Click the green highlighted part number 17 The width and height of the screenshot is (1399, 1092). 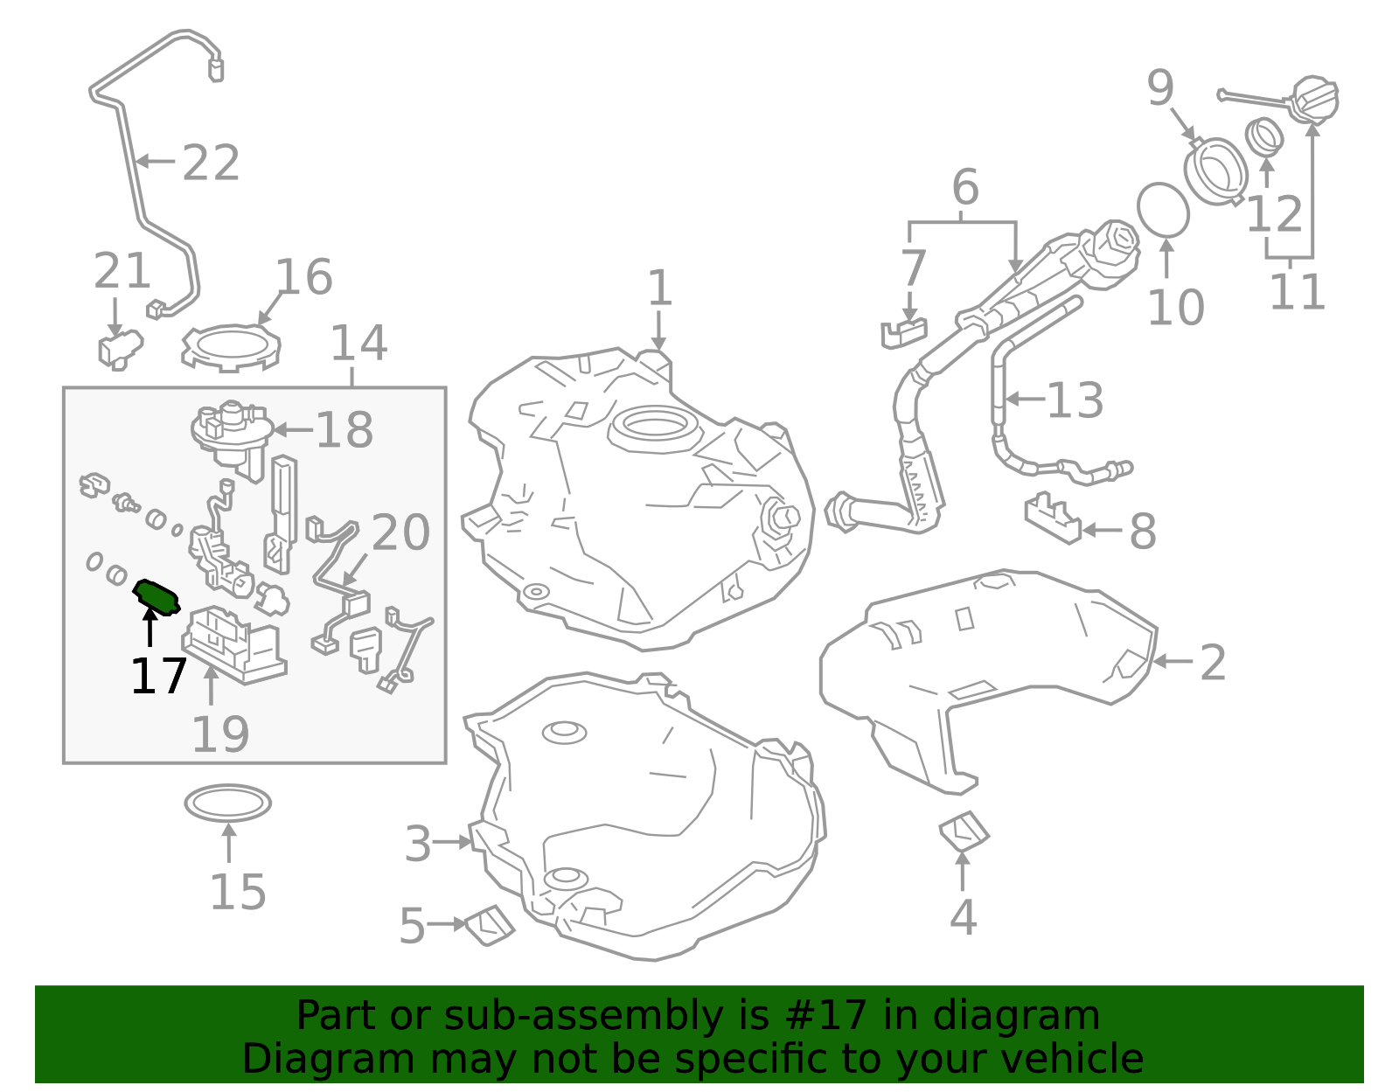point(157,596)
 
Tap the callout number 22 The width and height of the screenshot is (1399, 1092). point(211,163)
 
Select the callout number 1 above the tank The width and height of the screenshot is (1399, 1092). point(659,289)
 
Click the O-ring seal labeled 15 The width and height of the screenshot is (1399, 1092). point(227,803)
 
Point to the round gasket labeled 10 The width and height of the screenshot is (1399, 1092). point(1163,210)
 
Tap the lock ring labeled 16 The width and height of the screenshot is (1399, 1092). point(231,348)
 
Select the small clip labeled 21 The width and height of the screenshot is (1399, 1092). point(118,348)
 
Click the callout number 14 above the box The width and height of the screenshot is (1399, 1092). point(358,344)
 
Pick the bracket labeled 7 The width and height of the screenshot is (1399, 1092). point(903,333)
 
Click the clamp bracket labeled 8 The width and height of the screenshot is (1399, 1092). point(1052,518)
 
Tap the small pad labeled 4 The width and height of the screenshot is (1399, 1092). point(964,831)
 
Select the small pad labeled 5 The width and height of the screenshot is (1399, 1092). point(490,925)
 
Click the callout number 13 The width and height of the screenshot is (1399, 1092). point(1075,400)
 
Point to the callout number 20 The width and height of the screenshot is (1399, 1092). point(400,532)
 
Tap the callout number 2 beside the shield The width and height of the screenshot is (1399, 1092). point(1212,663)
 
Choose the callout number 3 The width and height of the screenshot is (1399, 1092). point(418,845)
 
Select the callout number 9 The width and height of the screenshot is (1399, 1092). point(1160,87)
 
